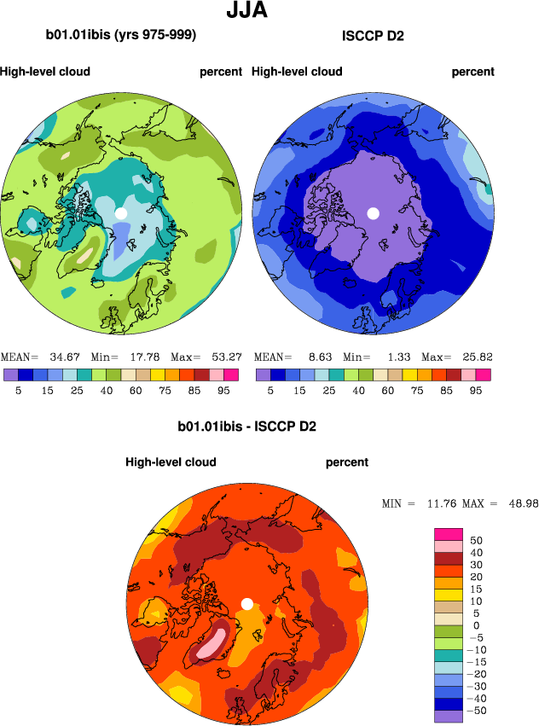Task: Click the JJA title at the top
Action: click(x=249, y=11)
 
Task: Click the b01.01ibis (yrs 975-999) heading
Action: click(x=121, y=36)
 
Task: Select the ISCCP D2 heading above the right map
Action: click(x=373, y=36)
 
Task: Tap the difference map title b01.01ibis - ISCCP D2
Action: click(x=246, y=426)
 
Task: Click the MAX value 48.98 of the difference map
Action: click(x=520, y=504)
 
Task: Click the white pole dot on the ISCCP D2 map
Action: click(x=373, y=212)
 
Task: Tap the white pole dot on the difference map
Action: click(x=246, y=604)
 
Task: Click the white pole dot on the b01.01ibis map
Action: click(x=121, y=212)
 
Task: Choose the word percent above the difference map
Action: click(x=347, y=462)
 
